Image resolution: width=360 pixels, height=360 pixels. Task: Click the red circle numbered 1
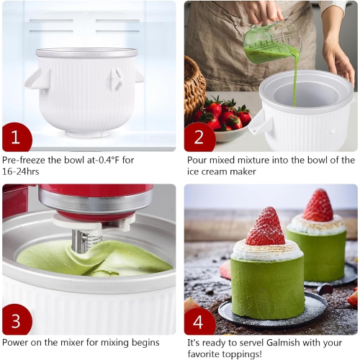[x=17, y=137]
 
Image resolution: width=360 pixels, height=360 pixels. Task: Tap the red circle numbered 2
[x=199, y=137]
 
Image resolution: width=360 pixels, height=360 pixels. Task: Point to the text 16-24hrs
[x=22, y=173]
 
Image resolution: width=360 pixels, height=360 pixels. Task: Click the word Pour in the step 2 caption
[x=197, y=160]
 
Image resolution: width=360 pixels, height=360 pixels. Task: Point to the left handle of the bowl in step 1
[x=36, y=78]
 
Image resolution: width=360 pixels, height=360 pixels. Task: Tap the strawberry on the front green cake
[x=266, y=228]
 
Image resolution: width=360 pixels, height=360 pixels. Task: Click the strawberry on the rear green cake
[x=318, y=206]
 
